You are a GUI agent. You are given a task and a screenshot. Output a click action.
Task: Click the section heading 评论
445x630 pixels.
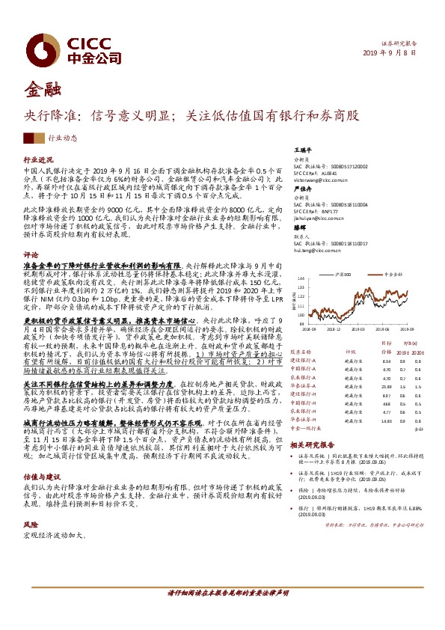click(31, 254)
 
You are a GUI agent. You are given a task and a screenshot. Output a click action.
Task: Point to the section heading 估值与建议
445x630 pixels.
click(40, 455)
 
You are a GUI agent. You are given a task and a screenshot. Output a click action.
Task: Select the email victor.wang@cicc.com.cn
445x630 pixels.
click(322, 180)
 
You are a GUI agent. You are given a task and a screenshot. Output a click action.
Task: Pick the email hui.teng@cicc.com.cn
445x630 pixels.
click(317, 251)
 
